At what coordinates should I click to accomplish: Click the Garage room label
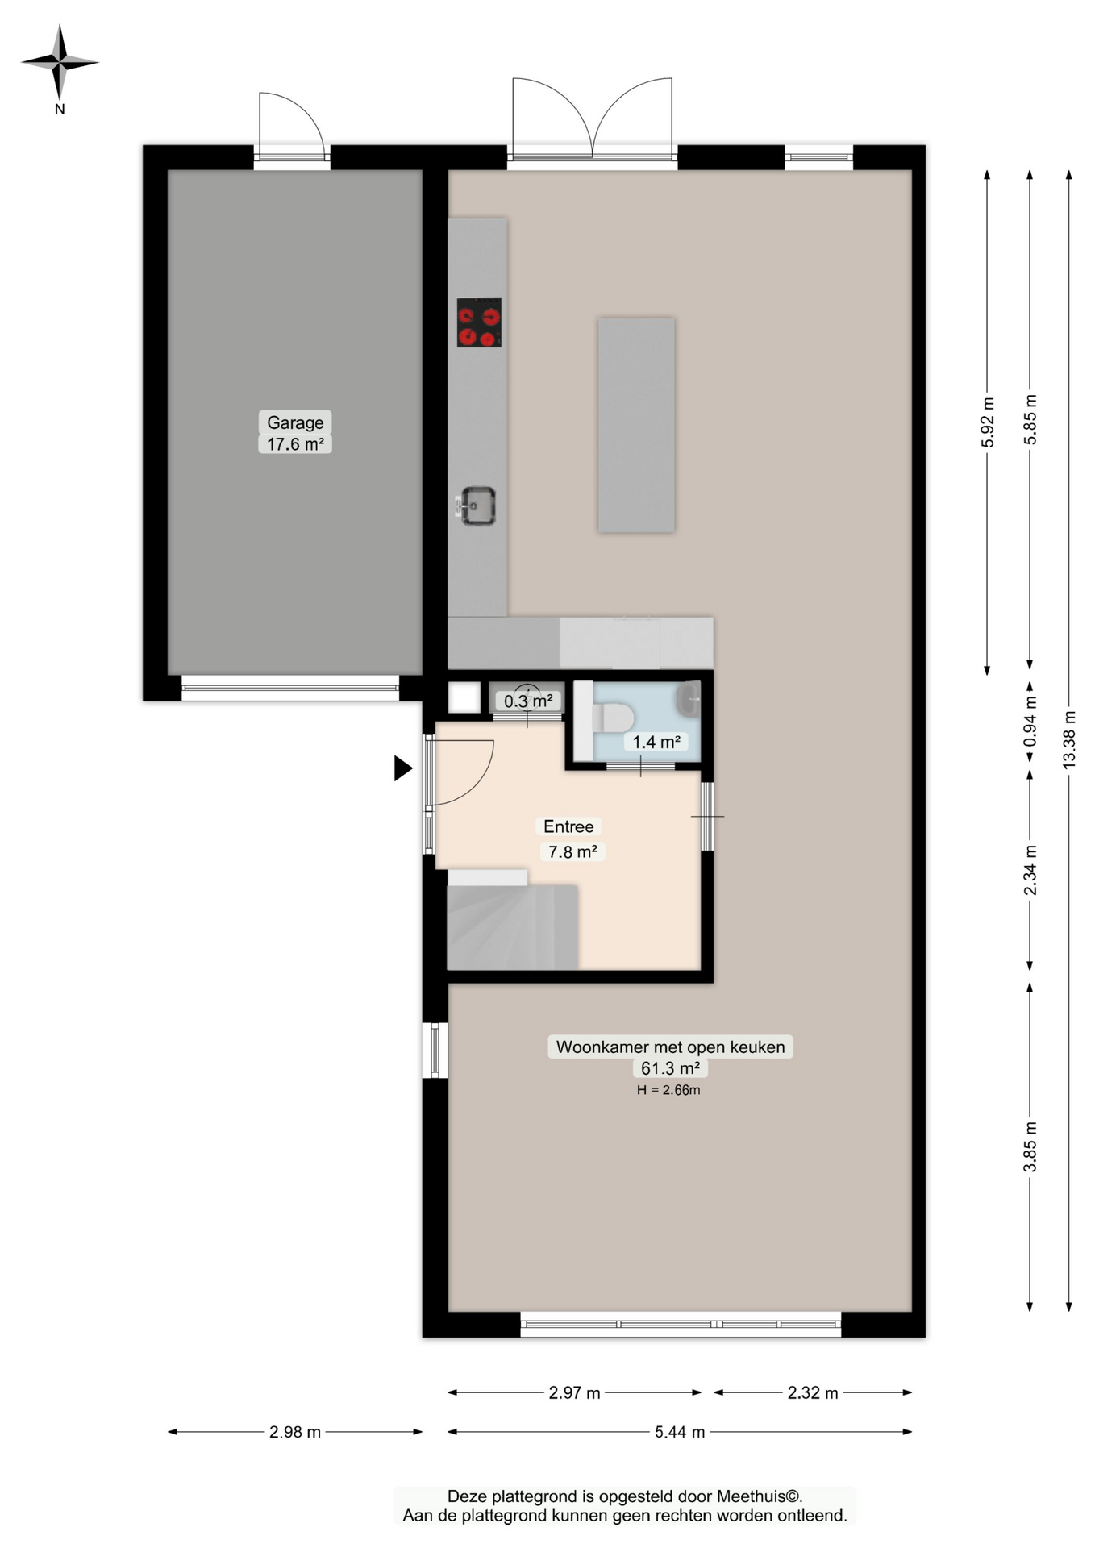pyautogui.click(x=295, y=422)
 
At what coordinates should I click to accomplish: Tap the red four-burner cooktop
pyautogui.click(x=479, y=322)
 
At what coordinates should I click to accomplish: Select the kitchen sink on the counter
pyautogui.click(x=477, y=506)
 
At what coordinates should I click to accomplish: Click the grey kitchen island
pyautogui.click(x=636, y=425)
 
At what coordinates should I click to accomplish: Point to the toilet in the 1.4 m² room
pyautogui.click(x=613, y=717)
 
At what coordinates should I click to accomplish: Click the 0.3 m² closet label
pyautogui.click(x=528, y=701)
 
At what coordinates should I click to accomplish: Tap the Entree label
pyautogui.click(x=568, y=826)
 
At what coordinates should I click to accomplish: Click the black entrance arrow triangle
pyautogui.click(x=402, y=768)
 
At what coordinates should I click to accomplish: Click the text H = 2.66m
pyautogui.click(x=668, y=1090)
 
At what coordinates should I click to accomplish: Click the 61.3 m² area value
pyautogui.click(x=670, y=1068)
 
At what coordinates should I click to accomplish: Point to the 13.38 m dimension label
pyautogui.click(x=1069, y=739)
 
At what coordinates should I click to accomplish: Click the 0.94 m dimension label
pyautogui.click(x=1030, y=720)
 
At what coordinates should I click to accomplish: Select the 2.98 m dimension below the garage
pyautogui.click(x=295, y=1432)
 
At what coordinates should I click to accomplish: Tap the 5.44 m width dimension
pyautogui.click(x=680, y=1432)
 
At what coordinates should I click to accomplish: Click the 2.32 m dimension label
pyautogui.click(x=813, y=1392)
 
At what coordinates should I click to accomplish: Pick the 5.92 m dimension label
pyautogui.click(x=988, y=422)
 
